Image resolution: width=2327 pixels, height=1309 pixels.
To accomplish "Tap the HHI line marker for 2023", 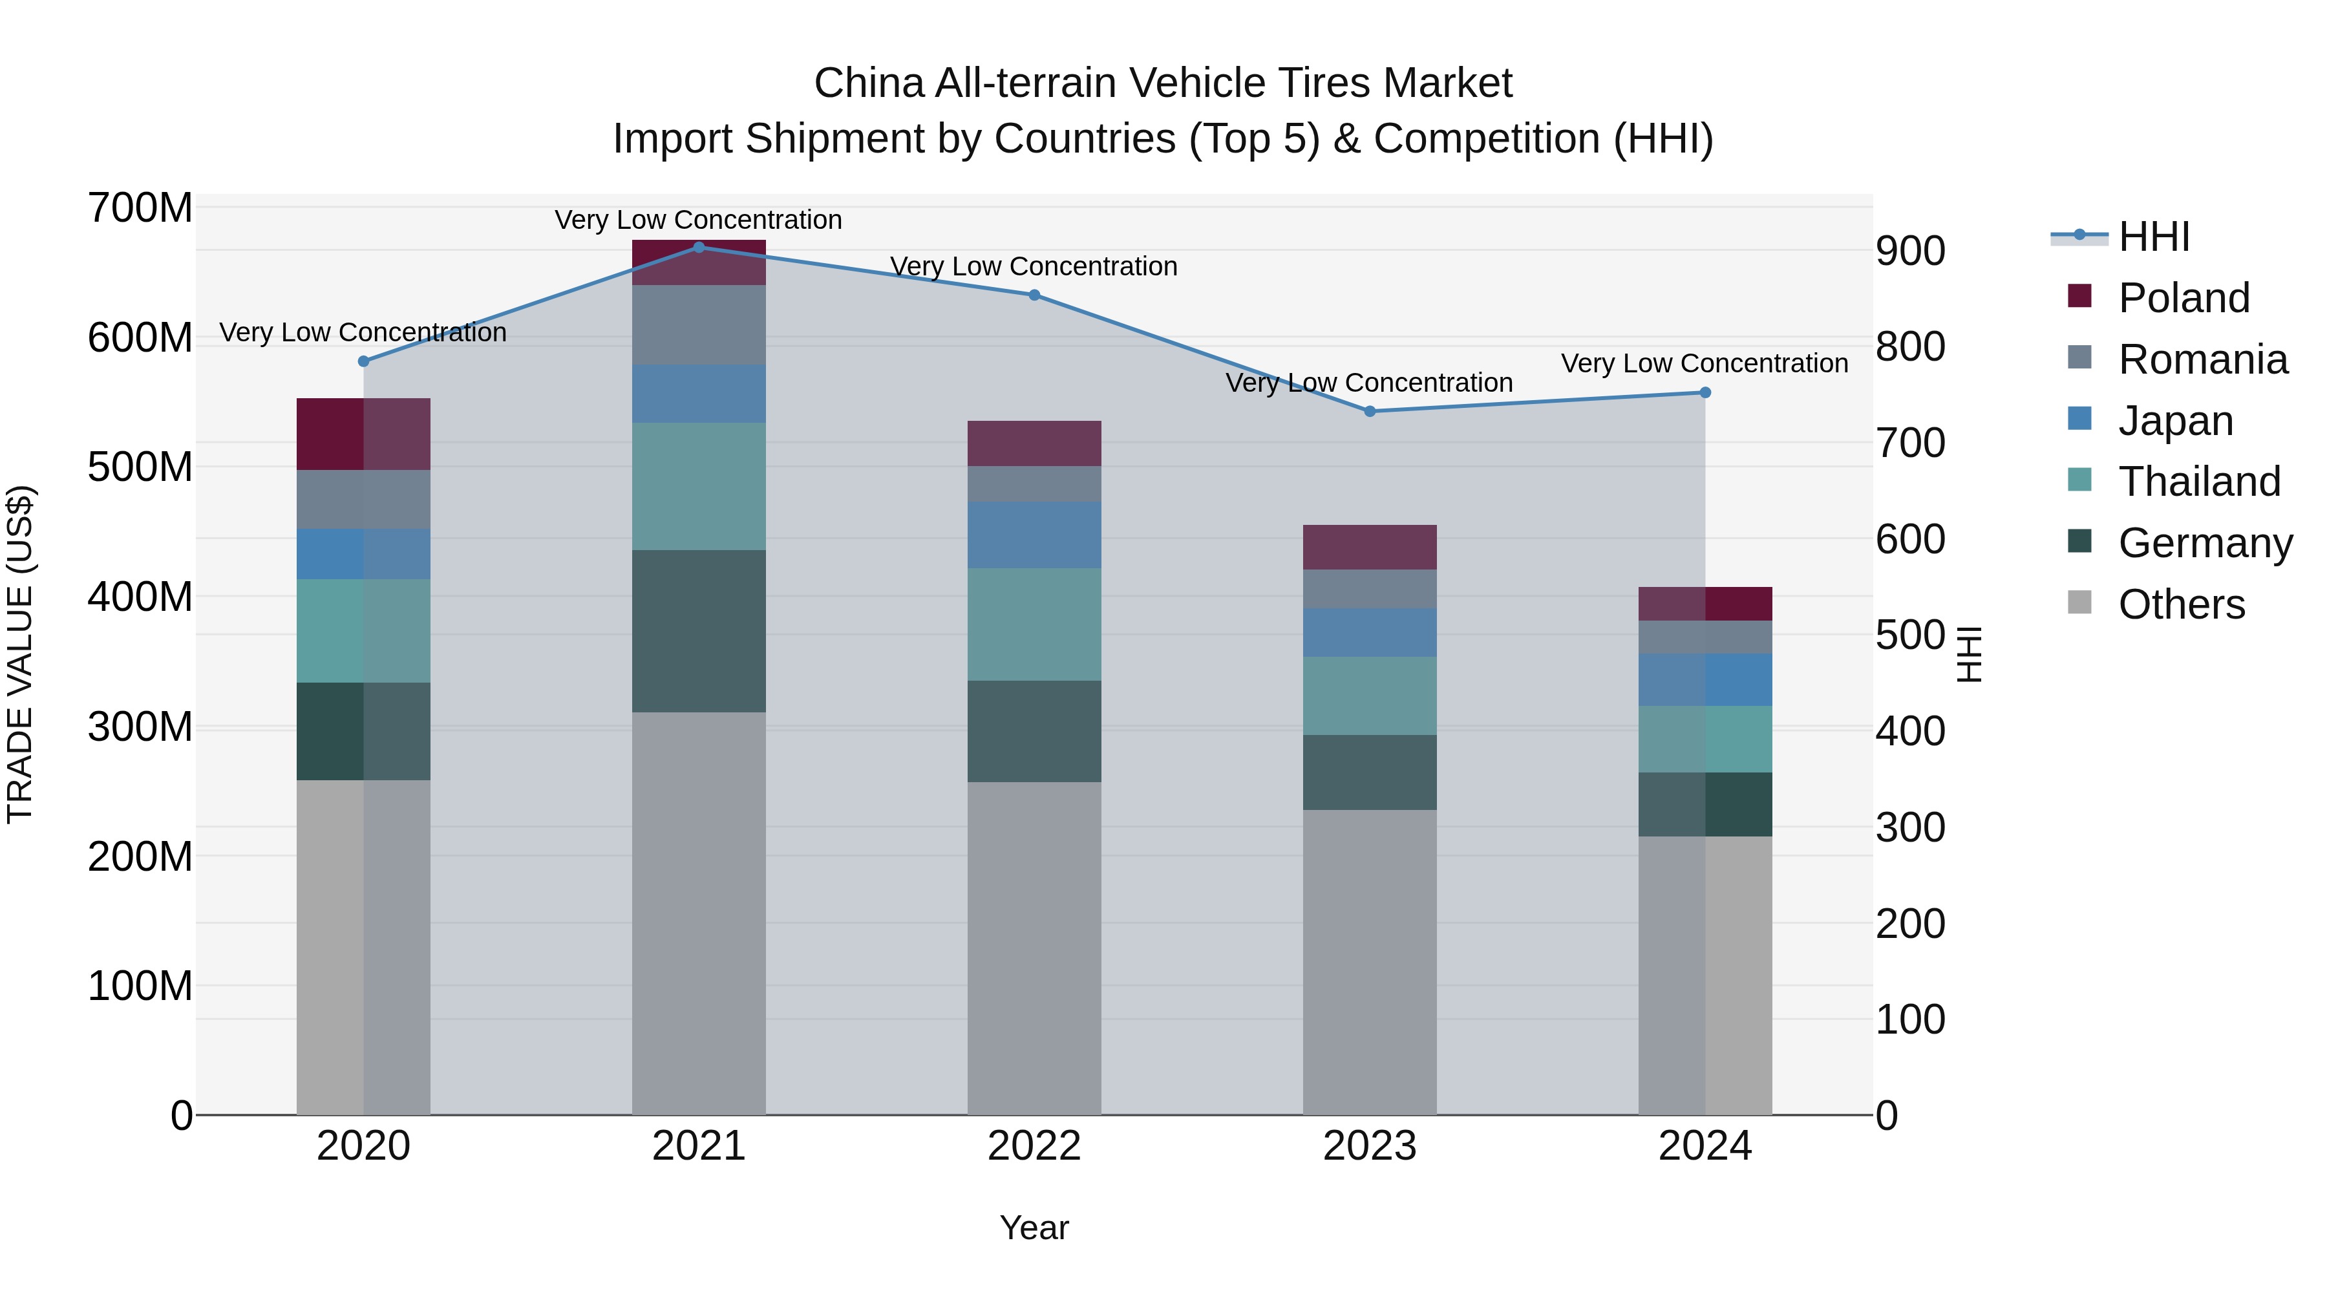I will coord(1370,411).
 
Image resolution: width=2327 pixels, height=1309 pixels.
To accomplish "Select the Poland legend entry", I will coord(2182,298).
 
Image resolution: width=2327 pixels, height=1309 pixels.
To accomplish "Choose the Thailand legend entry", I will coord(2199,482).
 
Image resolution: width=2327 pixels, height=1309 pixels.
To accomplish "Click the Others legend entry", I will coord(2181,604).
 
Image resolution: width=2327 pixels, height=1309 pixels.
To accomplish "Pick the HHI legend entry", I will coord(2154,237).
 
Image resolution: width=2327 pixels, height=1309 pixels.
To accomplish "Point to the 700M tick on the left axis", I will coord(140,209).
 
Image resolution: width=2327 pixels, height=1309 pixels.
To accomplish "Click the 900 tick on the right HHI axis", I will coord(1909,251).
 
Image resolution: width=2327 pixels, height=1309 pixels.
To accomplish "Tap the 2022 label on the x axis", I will coord(1034,1146).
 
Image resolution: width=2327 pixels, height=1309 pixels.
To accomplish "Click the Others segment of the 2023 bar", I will coord(1370,961).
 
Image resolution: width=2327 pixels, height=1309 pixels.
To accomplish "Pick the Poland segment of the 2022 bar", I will coord(1034,443).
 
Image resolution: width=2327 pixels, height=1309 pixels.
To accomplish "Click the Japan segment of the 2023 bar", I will coord(1370,632).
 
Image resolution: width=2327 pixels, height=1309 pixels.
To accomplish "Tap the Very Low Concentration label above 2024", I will coord(1704,363).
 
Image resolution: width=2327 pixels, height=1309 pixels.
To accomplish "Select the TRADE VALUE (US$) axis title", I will coord(21,654).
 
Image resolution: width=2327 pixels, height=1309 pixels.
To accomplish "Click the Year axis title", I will coord(1034,1228).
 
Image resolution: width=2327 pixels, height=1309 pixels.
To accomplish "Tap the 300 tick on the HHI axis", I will coord(1909,827).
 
